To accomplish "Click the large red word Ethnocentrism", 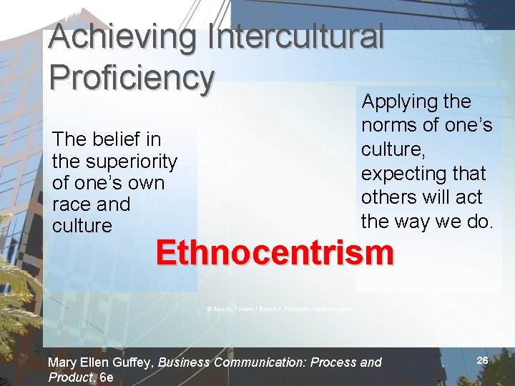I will click(x=274, y=252).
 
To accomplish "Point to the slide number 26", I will click(x=482, y=361).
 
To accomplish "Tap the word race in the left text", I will click(x=72, y=204).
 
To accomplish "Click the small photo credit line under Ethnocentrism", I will click(x=278, y=309).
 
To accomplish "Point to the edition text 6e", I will click(x=107, y=377).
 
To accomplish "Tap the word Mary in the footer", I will click(x=62, y=362).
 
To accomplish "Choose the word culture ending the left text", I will click(x=82, y=226).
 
